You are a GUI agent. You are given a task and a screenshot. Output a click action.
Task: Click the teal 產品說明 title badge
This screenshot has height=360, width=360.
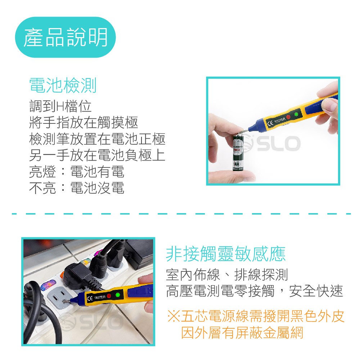pos(65,37)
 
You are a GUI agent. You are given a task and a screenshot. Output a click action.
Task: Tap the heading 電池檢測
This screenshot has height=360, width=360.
pos(63,85)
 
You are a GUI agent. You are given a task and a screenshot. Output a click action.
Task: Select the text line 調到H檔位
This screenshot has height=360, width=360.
pos(60,106)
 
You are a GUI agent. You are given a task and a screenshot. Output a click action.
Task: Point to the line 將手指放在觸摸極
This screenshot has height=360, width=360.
pos(84,122)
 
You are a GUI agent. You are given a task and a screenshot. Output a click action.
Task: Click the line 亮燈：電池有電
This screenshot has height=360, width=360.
pos(77,171)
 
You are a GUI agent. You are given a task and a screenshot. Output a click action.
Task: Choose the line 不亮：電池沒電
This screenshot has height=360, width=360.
pos(77,188)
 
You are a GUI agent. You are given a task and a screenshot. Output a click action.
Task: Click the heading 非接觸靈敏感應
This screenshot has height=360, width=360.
pos(226,254)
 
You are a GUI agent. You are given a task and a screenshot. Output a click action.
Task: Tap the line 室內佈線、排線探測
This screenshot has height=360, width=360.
pos(227,275)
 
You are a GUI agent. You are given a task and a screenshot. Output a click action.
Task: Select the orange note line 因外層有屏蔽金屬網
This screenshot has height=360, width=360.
pos(242,333)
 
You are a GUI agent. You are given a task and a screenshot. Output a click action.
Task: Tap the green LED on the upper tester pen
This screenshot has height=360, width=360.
pos(296,114)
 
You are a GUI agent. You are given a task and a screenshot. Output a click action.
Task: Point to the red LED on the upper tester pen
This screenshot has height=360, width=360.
pos(288,117)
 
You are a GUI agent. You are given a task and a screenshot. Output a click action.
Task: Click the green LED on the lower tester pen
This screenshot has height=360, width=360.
pos(118,295)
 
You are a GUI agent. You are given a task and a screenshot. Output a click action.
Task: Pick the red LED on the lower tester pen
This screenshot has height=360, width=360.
pos(109,296)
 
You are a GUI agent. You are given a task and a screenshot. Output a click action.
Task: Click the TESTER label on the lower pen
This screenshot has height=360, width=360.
pos(100,297)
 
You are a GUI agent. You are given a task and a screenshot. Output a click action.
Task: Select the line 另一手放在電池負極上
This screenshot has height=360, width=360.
pos(97,155)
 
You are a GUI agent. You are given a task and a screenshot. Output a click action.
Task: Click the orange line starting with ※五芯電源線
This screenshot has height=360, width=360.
pos(256,316)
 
